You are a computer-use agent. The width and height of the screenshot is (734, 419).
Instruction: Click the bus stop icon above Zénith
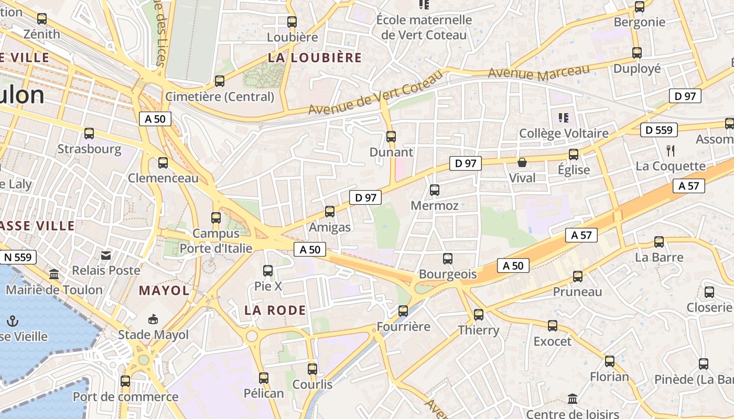41,19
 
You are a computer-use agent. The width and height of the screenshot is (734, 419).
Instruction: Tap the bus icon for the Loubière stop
292,22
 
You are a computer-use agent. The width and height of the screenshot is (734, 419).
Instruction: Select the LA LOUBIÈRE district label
315,58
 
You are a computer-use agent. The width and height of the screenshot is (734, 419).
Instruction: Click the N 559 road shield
19,257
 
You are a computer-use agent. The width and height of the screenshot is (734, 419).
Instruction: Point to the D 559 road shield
659,130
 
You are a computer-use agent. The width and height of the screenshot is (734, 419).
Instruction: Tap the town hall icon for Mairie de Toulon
53,274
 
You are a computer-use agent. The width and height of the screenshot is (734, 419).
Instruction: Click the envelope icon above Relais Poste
106,256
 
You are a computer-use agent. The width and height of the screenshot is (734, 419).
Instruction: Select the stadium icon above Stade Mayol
153,319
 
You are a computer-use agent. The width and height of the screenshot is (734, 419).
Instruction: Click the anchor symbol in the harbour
13,321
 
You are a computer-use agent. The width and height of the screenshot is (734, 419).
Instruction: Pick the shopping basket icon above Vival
522,162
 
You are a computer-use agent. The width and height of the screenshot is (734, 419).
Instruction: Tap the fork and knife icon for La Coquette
670,151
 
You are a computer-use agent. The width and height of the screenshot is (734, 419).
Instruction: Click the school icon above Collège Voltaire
564,117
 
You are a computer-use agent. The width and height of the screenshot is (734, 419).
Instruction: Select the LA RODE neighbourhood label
275,310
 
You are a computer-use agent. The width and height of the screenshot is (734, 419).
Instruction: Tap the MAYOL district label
164,291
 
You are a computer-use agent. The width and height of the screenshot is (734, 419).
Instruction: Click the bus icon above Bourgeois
447,258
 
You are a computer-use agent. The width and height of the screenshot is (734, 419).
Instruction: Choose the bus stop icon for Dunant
391,137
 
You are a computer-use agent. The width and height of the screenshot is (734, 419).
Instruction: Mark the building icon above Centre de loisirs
573,399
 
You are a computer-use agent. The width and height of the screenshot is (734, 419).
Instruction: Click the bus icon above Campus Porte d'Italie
216,217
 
